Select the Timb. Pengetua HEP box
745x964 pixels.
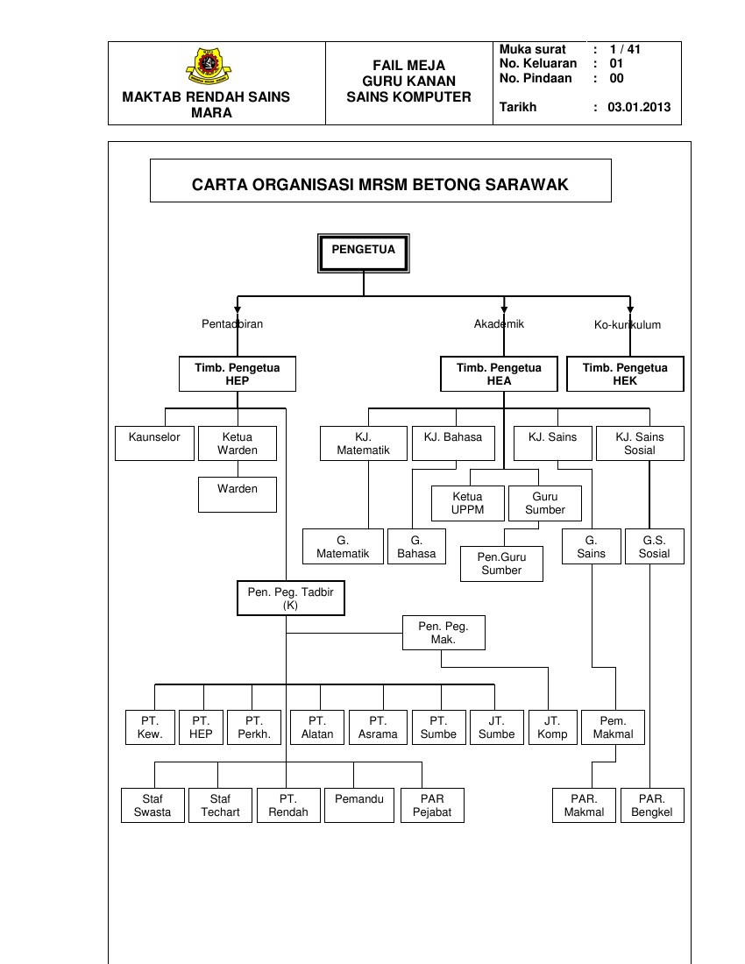click(x=238, y=374)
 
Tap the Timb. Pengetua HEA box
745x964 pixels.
click(x=499, y=374)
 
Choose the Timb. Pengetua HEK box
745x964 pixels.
click(x=625, y=374)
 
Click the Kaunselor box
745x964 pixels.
click(x=154, y=443)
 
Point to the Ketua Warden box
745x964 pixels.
click(x=238, y=443)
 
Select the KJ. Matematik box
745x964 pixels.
click(x=363, y=443)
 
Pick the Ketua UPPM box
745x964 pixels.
click(x=467, y=503)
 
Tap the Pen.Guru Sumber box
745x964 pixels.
click(x=501, y=564)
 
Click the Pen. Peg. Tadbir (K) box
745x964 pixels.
click(x=290, y=599)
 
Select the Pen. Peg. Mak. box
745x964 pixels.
click(x=443, y=633)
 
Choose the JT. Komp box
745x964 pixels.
click(x=552, y=727)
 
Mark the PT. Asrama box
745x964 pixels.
click(x=378, y=727)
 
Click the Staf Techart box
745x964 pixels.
click(x=220, y=805)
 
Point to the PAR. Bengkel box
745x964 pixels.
click(x=651, y=805)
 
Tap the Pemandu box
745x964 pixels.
click(x=359, y=805)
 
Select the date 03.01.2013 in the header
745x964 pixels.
click(x=638, y=108)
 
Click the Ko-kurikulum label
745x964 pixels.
click(x=627, y=324)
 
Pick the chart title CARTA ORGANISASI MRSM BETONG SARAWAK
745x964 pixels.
click(x=380, y=185)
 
